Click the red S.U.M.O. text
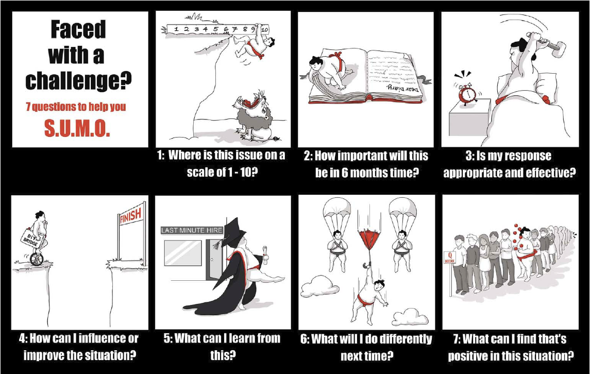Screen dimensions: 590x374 77,129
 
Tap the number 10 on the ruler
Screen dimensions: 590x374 264,29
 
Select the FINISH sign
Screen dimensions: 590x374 131,216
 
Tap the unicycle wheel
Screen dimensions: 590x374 37,260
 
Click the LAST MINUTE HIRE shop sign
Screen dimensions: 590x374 192,230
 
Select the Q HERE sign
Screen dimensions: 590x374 450,258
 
